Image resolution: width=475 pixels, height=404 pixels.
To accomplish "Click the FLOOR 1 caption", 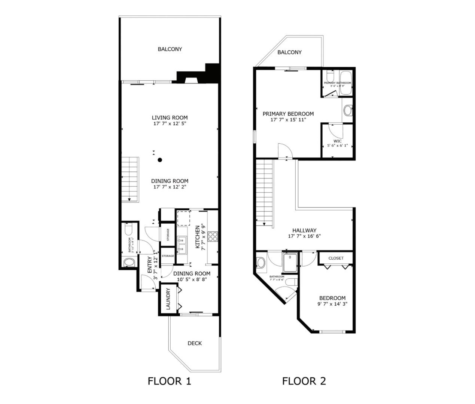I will [x=169, y=381].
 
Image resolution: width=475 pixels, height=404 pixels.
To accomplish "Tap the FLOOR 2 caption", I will [x=304, y=381].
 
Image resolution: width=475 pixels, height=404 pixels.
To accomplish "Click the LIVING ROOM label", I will [x=170, y=117].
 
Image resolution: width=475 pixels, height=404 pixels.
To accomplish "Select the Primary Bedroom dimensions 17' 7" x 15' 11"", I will [x=288, y=120].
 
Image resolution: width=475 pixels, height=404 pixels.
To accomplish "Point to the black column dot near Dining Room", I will [x=160, y=160].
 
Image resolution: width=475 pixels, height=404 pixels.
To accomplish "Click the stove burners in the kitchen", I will [x=213, y=236].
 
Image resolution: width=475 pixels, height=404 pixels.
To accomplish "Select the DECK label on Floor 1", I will [x=195, y=343].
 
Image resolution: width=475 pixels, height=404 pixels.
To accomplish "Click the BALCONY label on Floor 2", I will [x=289, y=52].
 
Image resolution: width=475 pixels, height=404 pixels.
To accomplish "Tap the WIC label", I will [x=338, y=141].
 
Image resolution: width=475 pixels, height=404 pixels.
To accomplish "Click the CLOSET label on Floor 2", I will [x=336, y=258].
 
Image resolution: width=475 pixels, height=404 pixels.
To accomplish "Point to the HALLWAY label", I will [x=304, y=230].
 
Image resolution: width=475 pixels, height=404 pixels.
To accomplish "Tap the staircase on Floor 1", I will [x=130, y=179].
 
